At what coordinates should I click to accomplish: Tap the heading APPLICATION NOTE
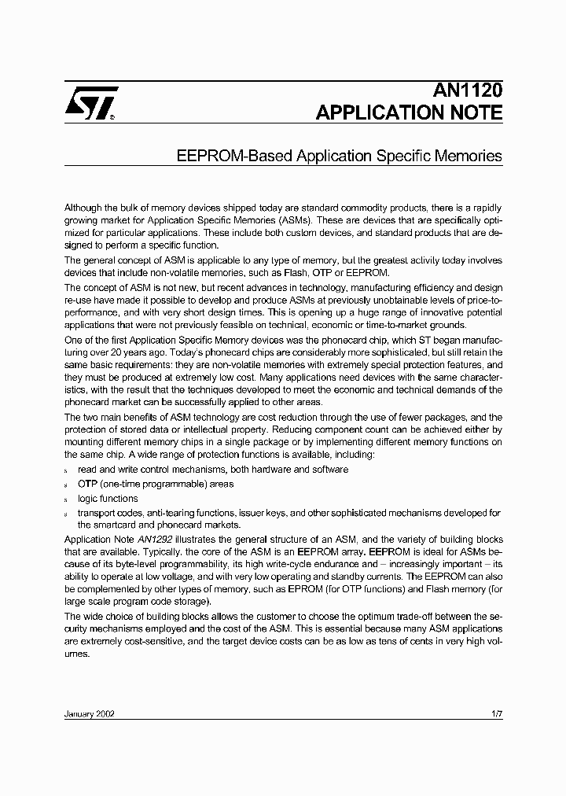click(409, 112)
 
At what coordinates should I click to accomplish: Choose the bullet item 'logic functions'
click(108, 499)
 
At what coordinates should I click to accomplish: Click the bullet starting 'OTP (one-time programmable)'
click(156, 484)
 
